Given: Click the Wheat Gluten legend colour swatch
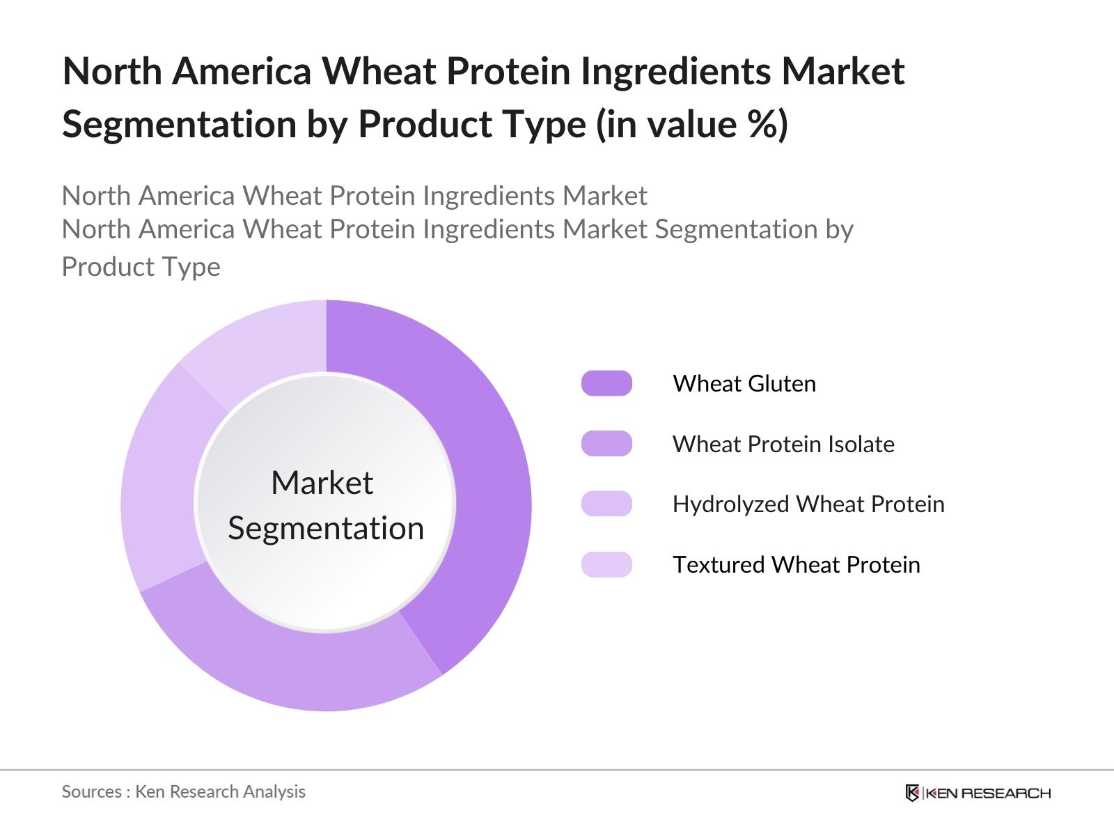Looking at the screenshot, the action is pyautogui.click(x=606, y=383).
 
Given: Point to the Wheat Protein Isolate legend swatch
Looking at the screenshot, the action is pyautogui.click(x=606, y=444).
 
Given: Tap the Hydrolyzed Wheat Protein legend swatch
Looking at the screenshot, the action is pyautogui.click(x=606, y=504).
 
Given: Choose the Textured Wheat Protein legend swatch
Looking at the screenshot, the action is pyautogui.click(x=606, y=564).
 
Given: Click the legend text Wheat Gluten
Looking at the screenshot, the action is pyautogui.click(x=744, y=383).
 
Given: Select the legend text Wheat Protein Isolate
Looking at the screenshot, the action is pyautogui.click(x=783, y=444).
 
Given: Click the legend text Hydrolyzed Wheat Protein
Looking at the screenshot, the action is pyautogui.click(x=808, y=504).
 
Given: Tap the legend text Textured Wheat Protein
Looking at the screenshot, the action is pyautogui.click(x=797, y=565).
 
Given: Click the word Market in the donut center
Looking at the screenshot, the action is pyautogui.click(x=322, y=482).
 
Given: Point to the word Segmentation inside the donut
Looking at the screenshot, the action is pyautogui.click(x=326, y=529).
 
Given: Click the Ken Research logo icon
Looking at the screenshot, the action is pyautogui.click(x=912, y=793).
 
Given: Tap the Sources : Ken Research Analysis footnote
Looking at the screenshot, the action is pyautogui.click(x=183, y=791).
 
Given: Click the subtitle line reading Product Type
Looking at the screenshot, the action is pyautogui.click(x=141, y=267).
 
